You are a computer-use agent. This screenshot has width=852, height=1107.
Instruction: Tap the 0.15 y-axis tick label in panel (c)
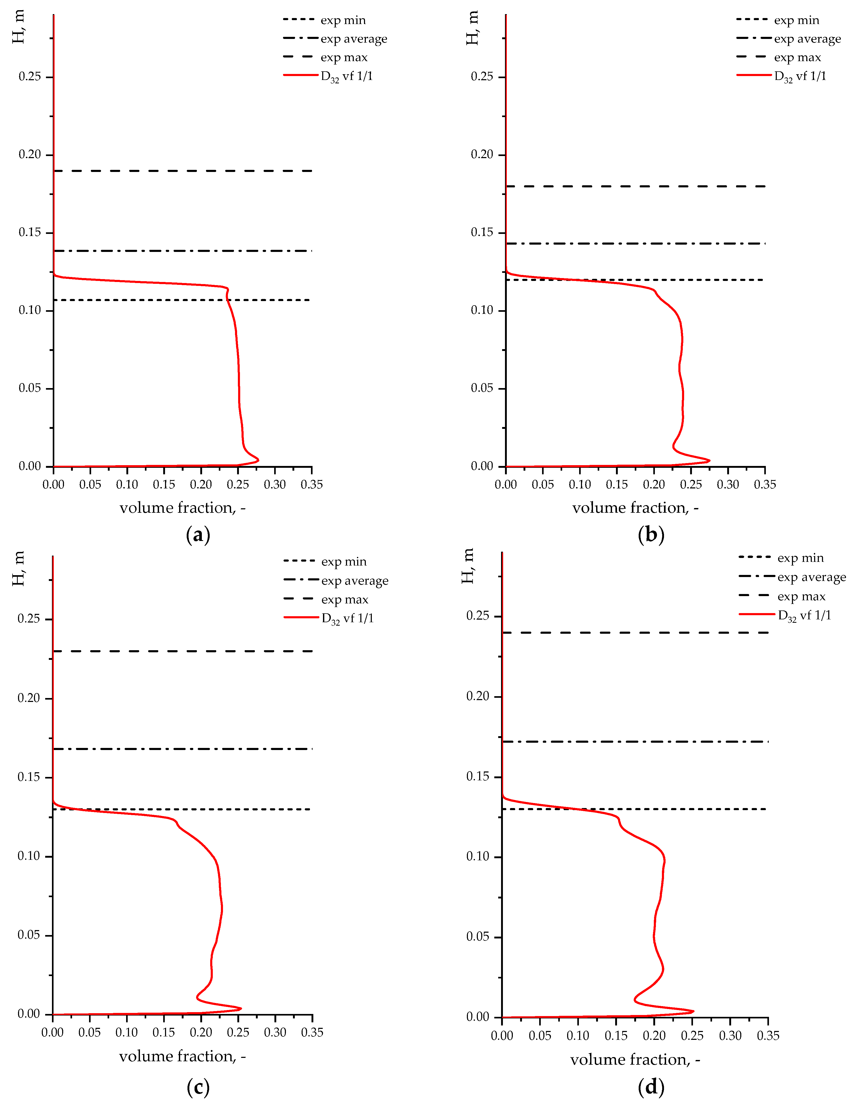pyautogui.click(x=28, y=777)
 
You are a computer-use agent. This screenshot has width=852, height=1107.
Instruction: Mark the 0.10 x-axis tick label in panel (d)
pyautogui.click(x=578, y=1036)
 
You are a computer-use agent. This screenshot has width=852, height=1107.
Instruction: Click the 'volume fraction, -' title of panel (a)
pyautogui.click(x=182, y=508)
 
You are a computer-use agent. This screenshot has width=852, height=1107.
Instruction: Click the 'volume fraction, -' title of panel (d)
pyautogui.click(x=635, y=1059)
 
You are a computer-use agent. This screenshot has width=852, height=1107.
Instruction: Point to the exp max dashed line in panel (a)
pyautogui.click(x=182, y=171)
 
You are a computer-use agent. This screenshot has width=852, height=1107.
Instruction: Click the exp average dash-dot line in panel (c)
pyautogui.click(x=182, y=749)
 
